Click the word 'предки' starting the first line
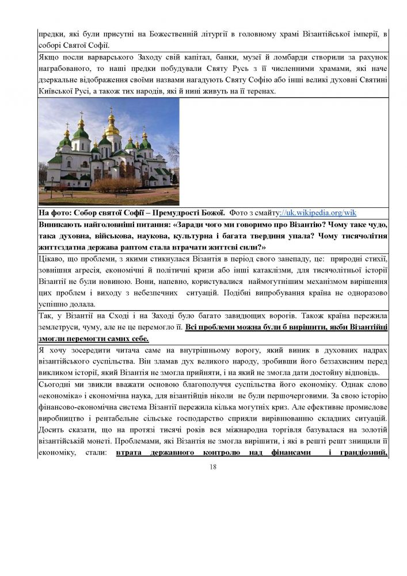pyautogui.click(x=50, y=35)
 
